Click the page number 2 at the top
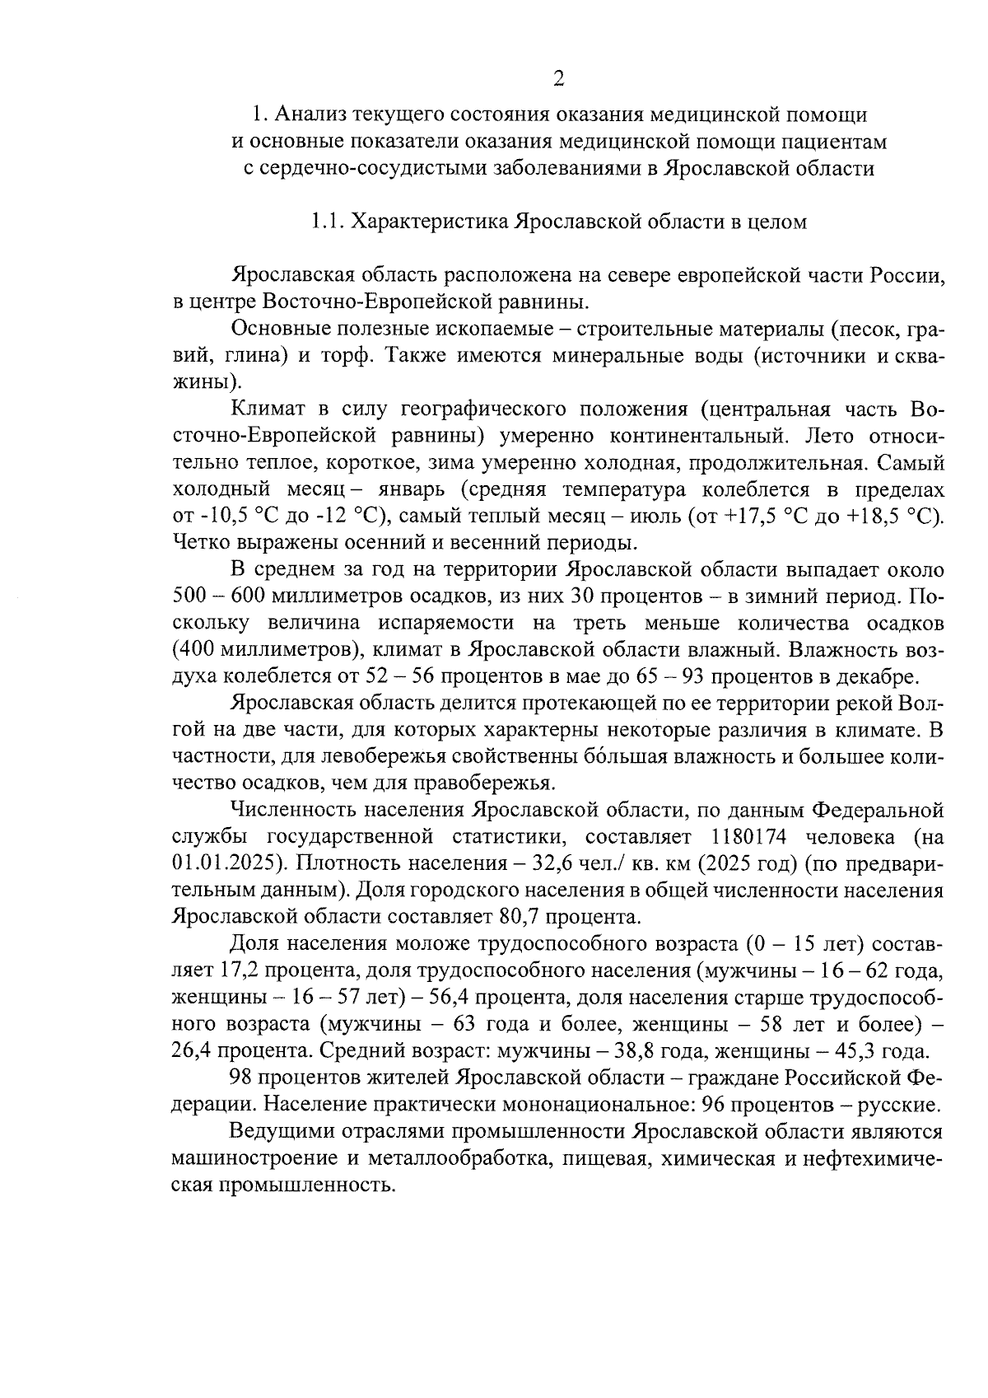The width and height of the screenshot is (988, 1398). pos(559,79)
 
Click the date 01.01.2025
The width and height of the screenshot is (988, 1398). pos(221,863)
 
